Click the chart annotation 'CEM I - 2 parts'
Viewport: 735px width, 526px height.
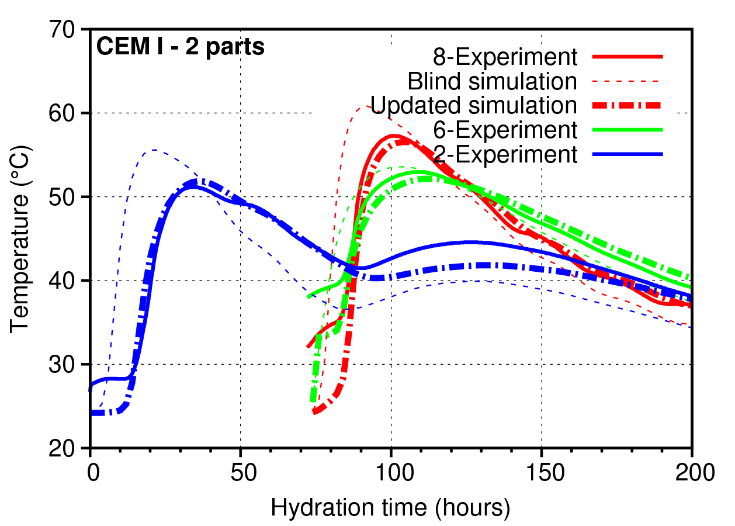pos(181,47)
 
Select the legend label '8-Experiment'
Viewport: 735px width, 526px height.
pos(505,57)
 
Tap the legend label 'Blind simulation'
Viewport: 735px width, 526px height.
pos(493,81)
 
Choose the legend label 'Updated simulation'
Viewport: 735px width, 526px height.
pos(474,105)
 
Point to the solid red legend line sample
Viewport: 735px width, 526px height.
pos(627,57)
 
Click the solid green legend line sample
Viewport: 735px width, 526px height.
pos(627,130)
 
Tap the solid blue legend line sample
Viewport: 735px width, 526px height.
pos(627,154)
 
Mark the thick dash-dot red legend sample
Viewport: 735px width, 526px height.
pos(627,105)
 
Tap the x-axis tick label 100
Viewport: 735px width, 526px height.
pos(391,472)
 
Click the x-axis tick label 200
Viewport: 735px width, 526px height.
pos(692,472)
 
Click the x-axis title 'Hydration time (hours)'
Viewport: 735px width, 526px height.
pos(390,508)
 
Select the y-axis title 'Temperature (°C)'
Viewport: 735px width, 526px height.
pos(21,238)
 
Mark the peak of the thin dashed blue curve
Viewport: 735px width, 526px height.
pos(154,150)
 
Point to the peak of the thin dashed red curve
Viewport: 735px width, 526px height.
pos(365,106)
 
